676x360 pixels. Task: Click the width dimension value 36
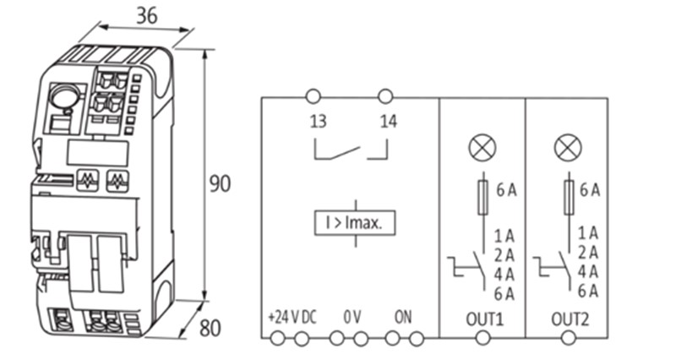pyautogui.click(x=145, y=15)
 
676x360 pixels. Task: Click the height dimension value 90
pyautogui.click(x=220, y=183)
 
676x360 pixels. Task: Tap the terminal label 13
pyautogui.click(x=318, y=122)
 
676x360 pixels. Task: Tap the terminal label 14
pyautogui.click(x=388, y=122)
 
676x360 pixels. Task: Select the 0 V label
pyautogui.click(x=352, y=318)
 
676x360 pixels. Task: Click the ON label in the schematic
pyautogui.click(x=403, y=318)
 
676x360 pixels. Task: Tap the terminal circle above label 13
pyautogui.click(x=313, y=95)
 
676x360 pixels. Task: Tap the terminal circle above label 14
pyautogui.click(x=386, y=95)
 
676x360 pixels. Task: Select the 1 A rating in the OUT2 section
pyautogui.click(x=588, y=232)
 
